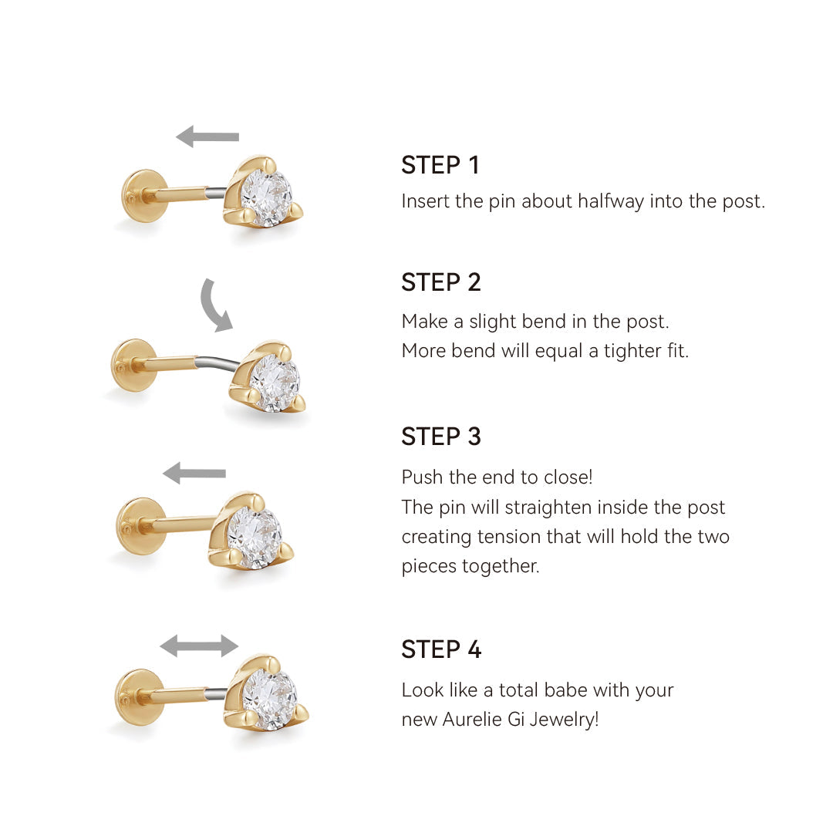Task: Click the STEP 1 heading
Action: tap(440, 165)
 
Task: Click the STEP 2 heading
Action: tap(441, 282)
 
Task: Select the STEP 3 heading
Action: tap(441, 436)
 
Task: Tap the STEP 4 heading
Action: tap(441, 649)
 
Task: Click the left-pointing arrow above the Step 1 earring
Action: tap(207, 137)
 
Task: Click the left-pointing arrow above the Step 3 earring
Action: tap(194, 473)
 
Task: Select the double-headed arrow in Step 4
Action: tap(199, 646)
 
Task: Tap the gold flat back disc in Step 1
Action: tap(139, 196)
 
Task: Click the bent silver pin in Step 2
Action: tap(218, 363)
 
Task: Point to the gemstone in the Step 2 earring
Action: tap(275, 383)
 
